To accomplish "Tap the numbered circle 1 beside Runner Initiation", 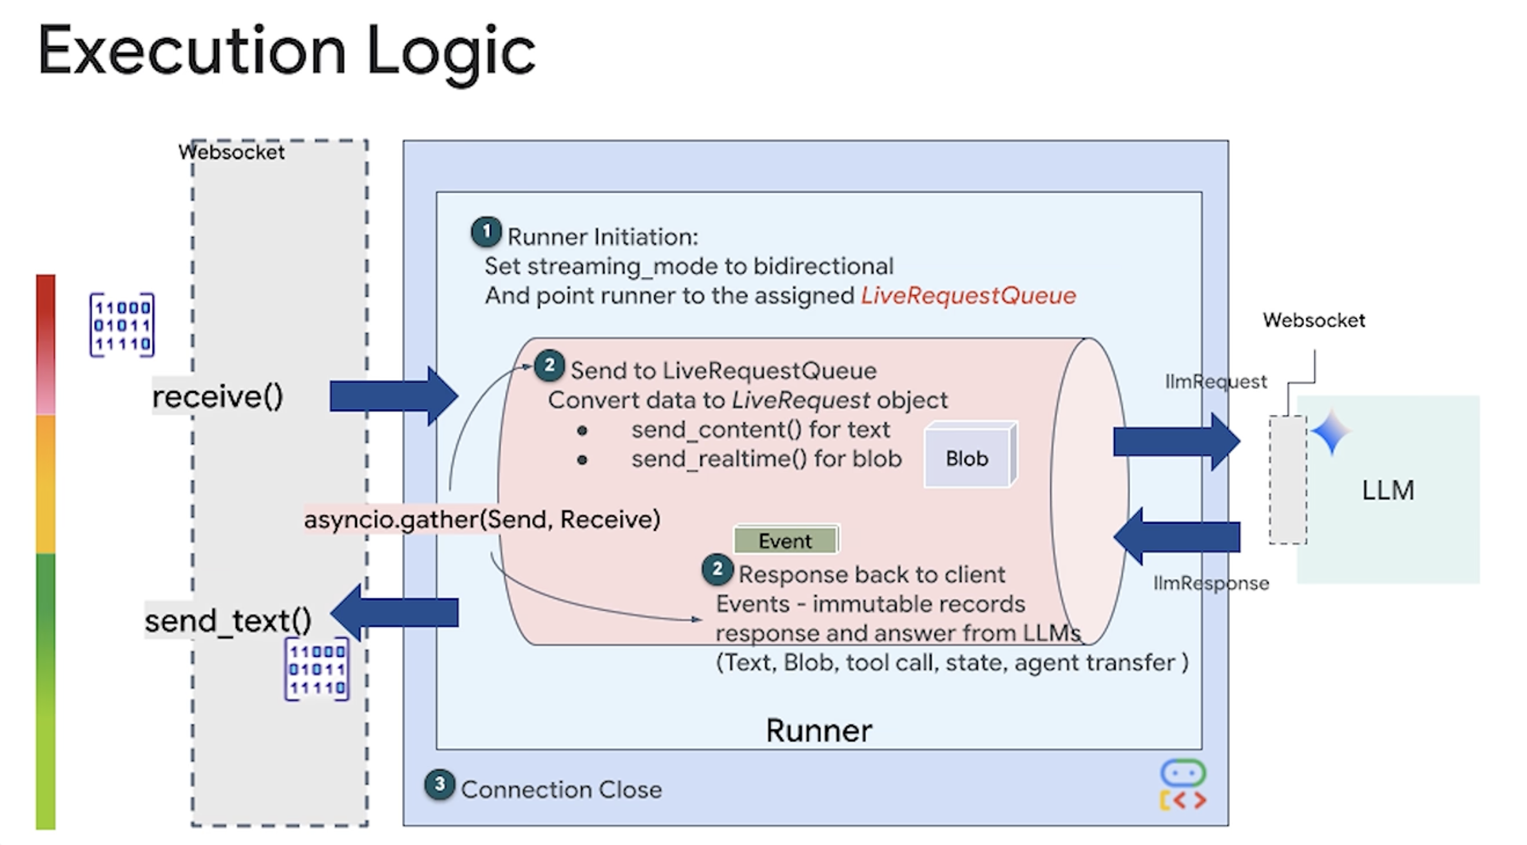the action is [486, 232].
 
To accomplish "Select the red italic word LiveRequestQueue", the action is [968, 296].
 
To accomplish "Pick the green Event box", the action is [786, 540].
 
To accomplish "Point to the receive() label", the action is [218, 396].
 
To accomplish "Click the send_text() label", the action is [228, 621].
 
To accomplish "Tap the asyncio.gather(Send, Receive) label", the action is [482, 519].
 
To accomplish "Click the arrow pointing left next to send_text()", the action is [394, 612].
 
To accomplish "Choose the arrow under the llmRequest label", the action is [1176, 442].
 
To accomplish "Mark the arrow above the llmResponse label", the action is [1176, 536].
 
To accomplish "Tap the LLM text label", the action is [1388, 490].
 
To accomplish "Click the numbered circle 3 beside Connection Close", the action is [439, 784].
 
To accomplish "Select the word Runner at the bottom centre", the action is [819, 730].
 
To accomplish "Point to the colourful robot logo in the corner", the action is [1183, 784].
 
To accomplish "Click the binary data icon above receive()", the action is [122, 325].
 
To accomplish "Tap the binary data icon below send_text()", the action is [317, 669].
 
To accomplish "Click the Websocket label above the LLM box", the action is [1314, 320].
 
